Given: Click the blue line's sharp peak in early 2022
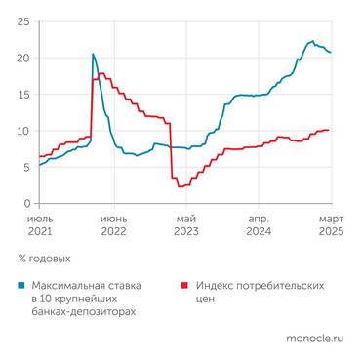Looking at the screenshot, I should [93, 55].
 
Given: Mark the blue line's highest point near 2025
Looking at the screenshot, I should [311, 42].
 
